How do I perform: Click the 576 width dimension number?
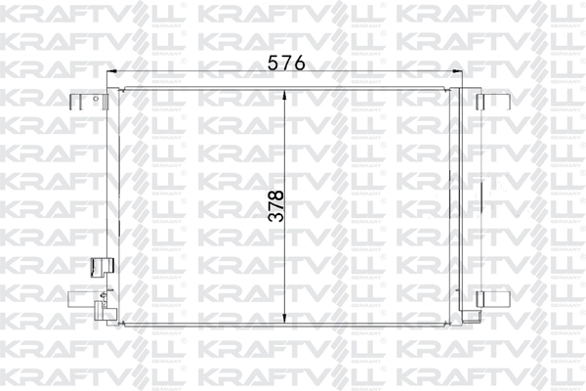click(x=287, y=62)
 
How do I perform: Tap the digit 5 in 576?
click(x=273, y=62)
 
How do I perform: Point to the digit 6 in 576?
click(x=301, y=62)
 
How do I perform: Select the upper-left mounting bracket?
click(x=84, y=101)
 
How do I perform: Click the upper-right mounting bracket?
click(x=487, y=101)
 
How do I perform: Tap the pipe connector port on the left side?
click(x=98, y=266)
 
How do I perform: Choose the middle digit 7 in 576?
click(x=287, y=62)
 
